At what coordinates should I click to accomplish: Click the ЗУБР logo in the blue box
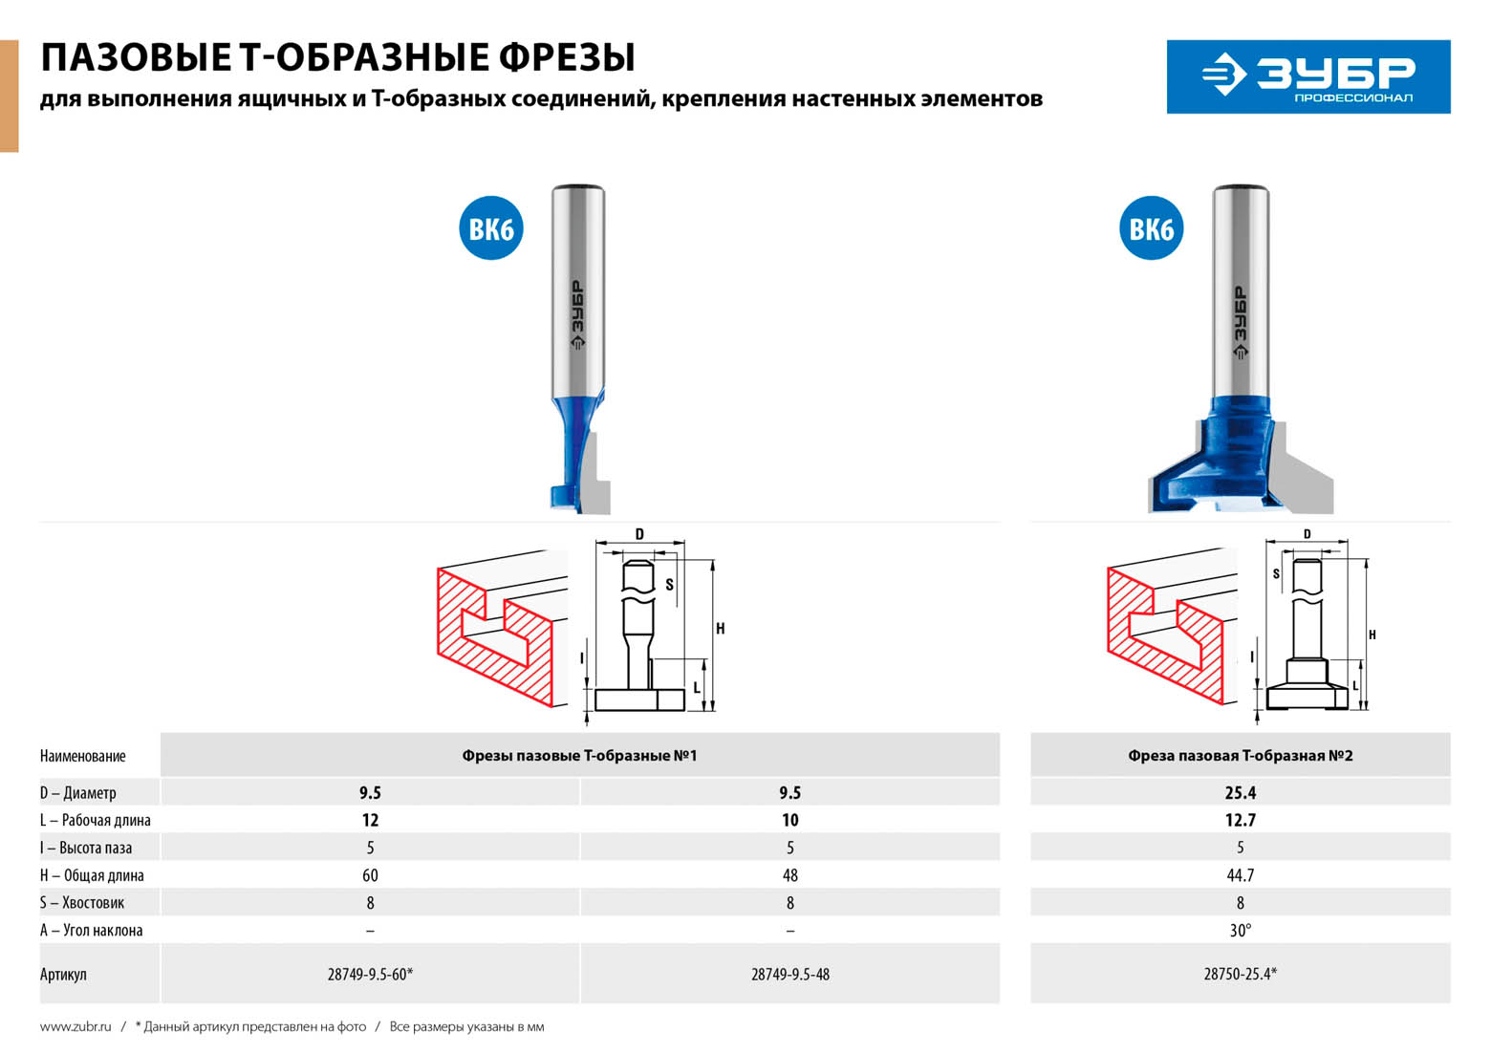click(x=1308, y=76)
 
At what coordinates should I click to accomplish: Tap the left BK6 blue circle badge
click(x=491, y=228)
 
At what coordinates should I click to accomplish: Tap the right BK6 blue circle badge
click(x=1151, y=228)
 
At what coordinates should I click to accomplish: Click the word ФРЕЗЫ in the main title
click(x=567, y=57)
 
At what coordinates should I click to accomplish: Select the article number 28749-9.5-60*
click(x=370, y=974)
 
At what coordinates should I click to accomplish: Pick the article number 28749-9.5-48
click(x=790, y=974)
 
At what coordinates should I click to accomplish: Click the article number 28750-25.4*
click(x=1240, y=974)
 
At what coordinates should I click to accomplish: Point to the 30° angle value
click(x=1240, y=930)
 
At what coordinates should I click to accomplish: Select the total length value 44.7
click(x=1240, y=875)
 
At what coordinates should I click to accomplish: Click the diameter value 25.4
click(x=1240, y=792)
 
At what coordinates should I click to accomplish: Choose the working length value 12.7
click(x=1240, y=820)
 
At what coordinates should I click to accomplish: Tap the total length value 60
click(x=370, y=875)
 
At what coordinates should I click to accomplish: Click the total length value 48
click(x=790, y=875)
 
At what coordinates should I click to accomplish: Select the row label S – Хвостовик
click(x=82, y=903)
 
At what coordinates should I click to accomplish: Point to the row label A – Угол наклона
click(x=91, y=930)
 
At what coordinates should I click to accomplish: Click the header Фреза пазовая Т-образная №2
click(x=1240, y=755)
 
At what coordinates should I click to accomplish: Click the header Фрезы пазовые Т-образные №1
click(x=579, y=755)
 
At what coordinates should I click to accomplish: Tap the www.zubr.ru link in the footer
click(x=76, y=1026)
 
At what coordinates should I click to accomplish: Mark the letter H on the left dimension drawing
click(x=721, y=628)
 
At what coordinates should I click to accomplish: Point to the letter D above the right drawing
click(x=1307, y=533)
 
